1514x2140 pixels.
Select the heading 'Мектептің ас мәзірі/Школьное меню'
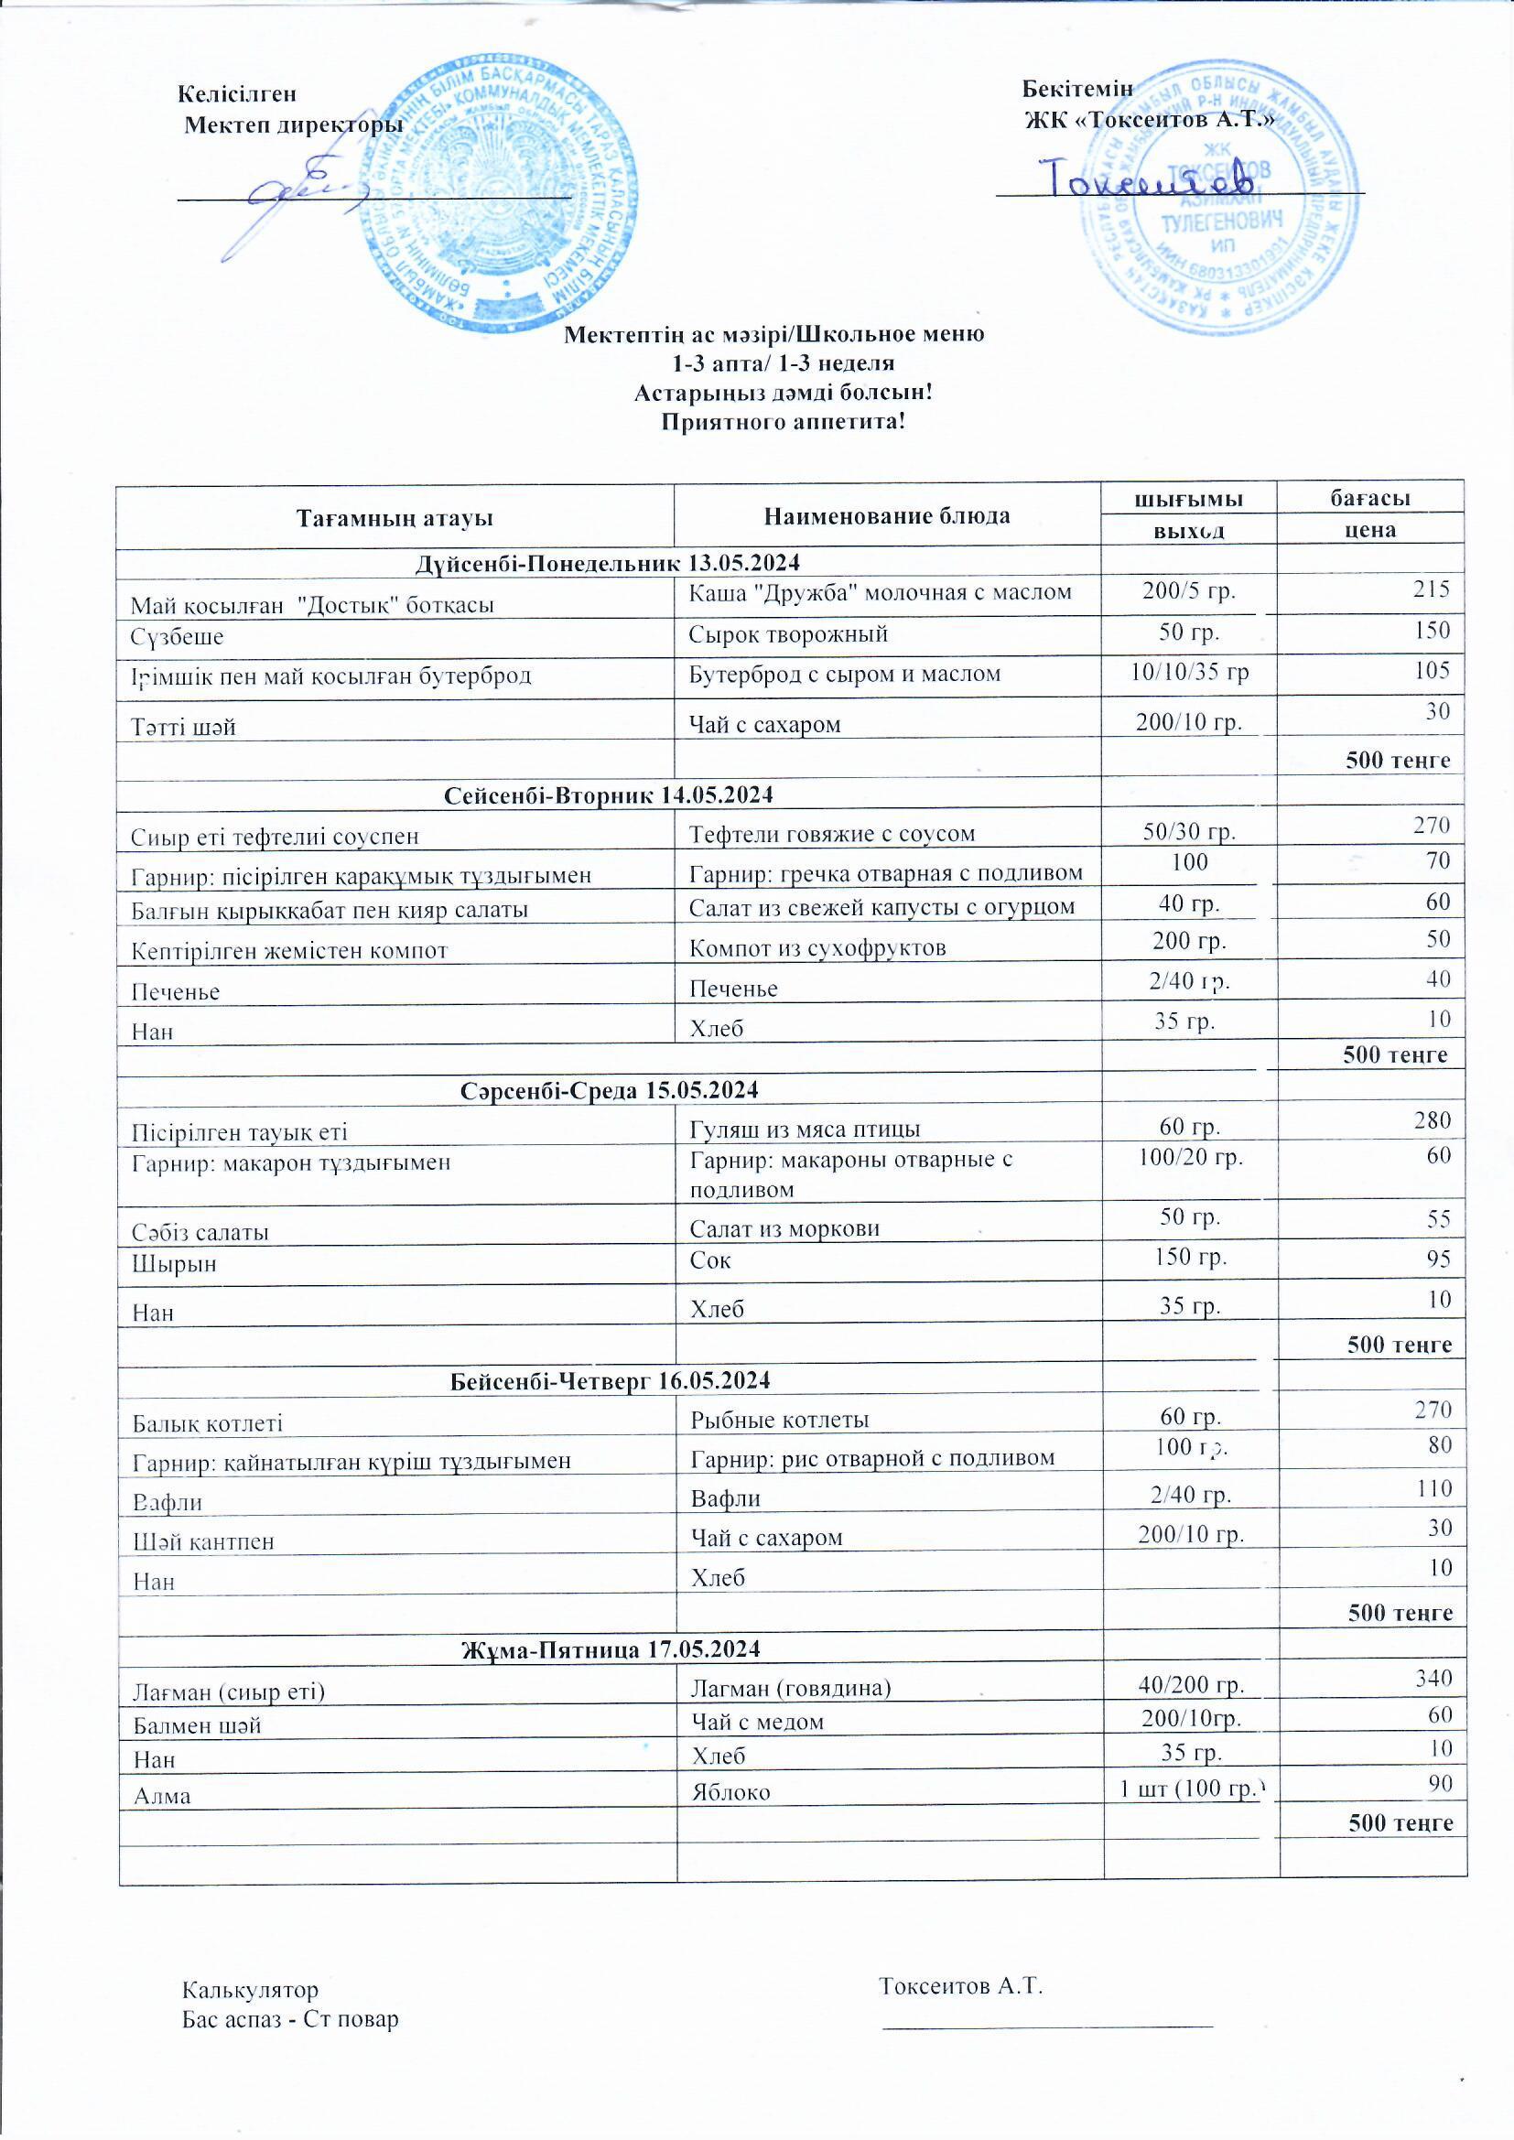pyautogui.click(x=773, y=334)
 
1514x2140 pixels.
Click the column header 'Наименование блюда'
pyautogui.click(x=887, y=515)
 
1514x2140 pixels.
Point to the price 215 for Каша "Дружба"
pyautogui.click(x=1430, y=589)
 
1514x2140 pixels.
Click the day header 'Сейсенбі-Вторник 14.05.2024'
pyautogui.click(x=609, y=794)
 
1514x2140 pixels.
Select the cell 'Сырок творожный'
pyautogui.click(x=788, y=634)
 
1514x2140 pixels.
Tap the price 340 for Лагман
pyautogui.click(x=1433, y=1678)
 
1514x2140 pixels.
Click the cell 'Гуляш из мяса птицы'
pyautogui.click(x=805, y=1129)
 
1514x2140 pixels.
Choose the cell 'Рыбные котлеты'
pyautogui.click(x=779, y=1420)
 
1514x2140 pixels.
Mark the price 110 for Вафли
pyautogui.click(x=1433, y=1488)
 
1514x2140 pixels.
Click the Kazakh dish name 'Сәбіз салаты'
pyautogui.click(x=200, y=1232)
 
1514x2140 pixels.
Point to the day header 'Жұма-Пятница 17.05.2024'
pyautogui.click(x=611, y=1648)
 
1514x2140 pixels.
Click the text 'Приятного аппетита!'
pyautogui.click(x=784, y=422)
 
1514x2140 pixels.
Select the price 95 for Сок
pyautogui.click(x=1439, y=1259)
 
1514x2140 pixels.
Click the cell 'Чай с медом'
pyautogui.click(x=757, y=1722)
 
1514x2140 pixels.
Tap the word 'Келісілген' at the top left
pyautogui.click(x=237, y=94)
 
